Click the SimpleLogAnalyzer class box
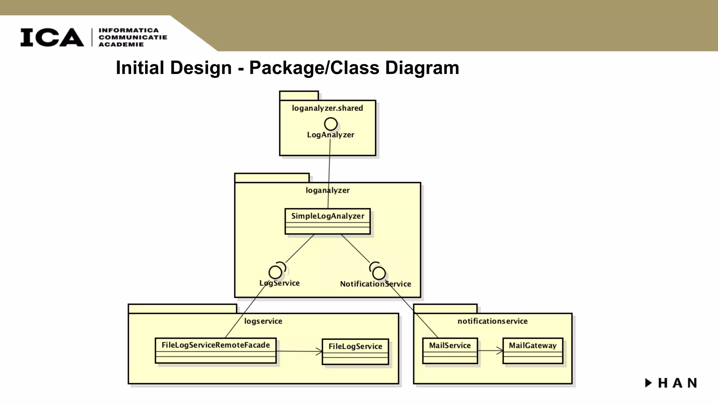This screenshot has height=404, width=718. pos(327,221)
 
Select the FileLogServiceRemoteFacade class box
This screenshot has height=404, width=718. pos(216,350)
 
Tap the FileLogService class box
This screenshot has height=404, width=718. pos(355,351)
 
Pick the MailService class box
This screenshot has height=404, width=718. pos(450,350)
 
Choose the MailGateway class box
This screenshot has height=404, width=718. pos(533,350)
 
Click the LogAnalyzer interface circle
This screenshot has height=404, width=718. pos(331,124)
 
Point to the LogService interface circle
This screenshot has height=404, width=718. pos(275,272)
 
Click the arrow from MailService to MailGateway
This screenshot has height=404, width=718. pos(490,350)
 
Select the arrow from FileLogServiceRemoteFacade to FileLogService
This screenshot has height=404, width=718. pos(299,351)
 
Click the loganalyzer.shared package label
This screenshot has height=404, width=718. pos(327,108)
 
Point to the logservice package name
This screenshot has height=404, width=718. pos(263,321)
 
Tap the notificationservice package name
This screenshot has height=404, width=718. pos(492,321)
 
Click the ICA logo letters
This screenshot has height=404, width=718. pos(52,38)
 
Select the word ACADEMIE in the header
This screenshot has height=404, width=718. pos(121,45)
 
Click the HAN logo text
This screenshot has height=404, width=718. pos(677,383)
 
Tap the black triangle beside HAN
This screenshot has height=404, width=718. pos(648,383)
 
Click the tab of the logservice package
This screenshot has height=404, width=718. pos(182,309)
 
